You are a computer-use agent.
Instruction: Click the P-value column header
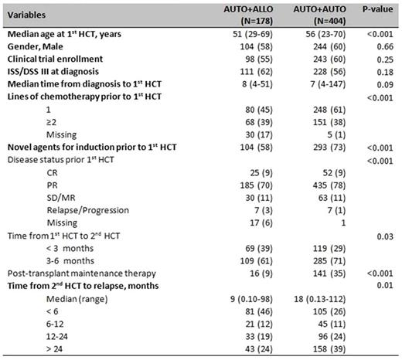(x=375, y=14)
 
